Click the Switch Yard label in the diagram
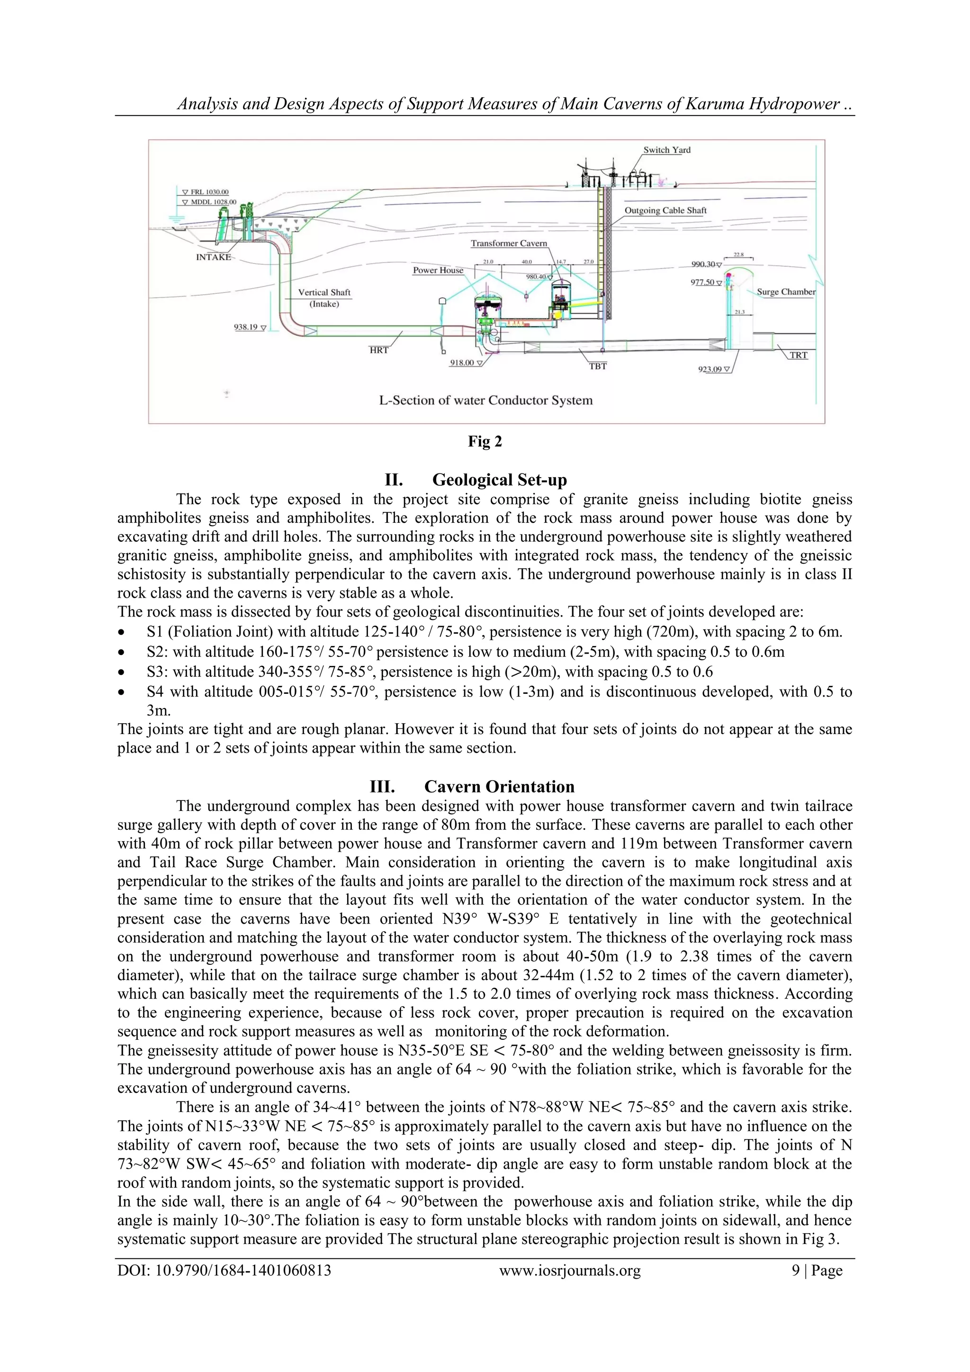coord(666,150)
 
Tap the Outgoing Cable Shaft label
coord(665,210)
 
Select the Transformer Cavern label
coord(508,243)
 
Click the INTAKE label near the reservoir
coord(213,257)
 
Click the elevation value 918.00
coord(462,363)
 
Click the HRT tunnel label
coord(379,350)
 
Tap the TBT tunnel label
coord(597,366)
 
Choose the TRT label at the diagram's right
coord(798,355)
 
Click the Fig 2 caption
coord(485,442)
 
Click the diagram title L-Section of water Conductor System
coord(485,400)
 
